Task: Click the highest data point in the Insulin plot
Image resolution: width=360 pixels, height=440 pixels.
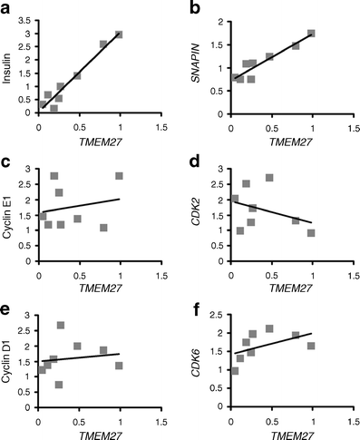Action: click(119, 34)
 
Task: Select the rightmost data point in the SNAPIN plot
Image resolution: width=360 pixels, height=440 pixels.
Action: click(311, 34)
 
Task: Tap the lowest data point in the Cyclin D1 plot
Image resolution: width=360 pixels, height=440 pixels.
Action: click(59, 385)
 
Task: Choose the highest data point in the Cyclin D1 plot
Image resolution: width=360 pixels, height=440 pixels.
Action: click(61, 325)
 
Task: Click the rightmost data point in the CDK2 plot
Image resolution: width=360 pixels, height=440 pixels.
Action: click(311, 233)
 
